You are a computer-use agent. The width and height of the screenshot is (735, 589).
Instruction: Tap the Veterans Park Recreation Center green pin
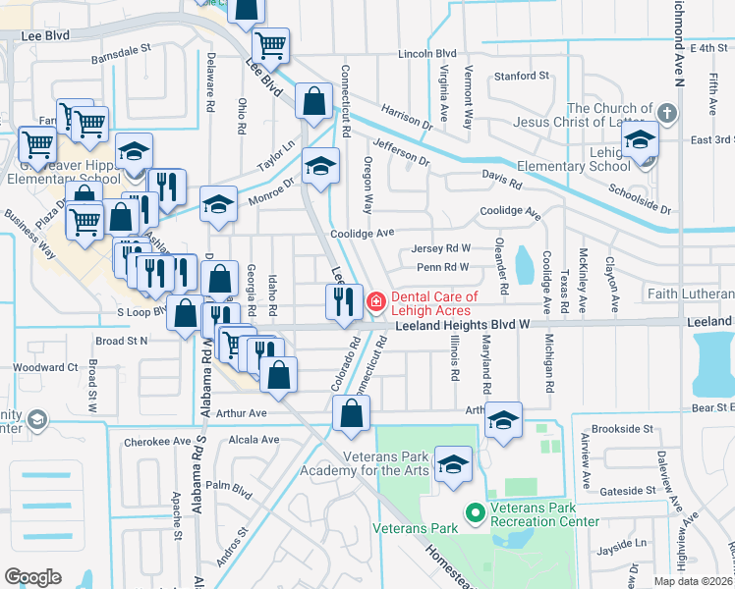(x=474, y=513)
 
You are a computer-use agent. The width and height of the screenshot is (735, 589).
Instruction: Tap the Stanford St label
(x=521, y=76)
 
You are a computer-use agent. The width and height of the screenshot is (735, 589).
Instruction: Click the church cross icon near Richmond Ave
(x=666, y=112)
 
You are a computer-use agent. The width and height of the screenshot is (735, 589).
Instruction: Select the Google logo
(x=32, y=577)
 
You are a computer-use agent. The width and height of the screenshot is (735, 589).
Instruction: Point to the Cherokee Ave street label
(x=155, y=442)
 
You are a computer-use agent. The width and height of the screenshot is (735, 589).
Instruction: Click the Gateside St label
(x=628, y=490)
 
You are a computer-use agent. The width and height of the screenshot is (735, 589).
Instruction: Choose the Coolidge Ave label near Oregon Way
(x=362, y=234)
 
